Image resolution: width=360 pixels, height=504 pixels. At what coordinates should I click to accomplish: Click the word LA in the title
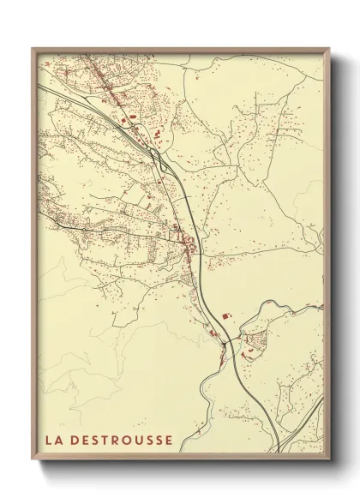[x=53, y=441]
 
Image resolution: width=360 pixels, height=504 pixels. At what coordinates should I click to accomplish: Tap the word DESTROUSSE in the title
[x=122, y=441]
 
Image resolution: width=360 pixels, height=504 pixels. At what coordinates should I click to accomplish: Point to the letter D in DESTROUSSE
[x=75, y=441]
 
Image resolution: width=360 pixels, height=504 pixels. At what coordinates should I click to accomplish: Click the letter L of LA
[x=49, y=441]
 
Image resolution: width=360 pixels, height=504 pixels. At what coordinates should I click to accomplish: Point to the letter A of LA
[x=58, y=441]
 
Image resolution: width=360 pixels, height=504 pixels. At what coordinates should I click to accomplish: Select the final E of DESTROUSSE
[x=169, y=441]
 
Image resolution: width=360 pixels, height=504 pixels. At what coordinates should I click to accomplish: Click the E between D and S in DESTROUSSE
[x=86, y=441]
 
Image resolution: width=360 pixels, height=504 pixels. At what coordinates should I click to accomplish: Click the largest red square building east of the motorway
[x=226, y=316]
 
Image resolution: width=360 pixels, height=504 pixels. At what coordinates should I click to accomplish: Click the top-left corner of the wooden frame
[x=33, y=49]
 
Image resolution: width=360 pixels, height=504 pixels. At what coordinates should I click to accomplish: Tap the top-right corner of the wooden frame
[x=329, y=49]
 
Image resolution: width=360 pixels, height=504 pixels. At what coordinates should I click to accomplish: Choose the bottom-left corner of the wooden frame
[x=33, y=458]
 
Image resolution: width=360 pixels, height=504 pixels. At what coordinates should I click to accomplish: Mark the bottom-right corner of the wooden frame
[x=329, y=458]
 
